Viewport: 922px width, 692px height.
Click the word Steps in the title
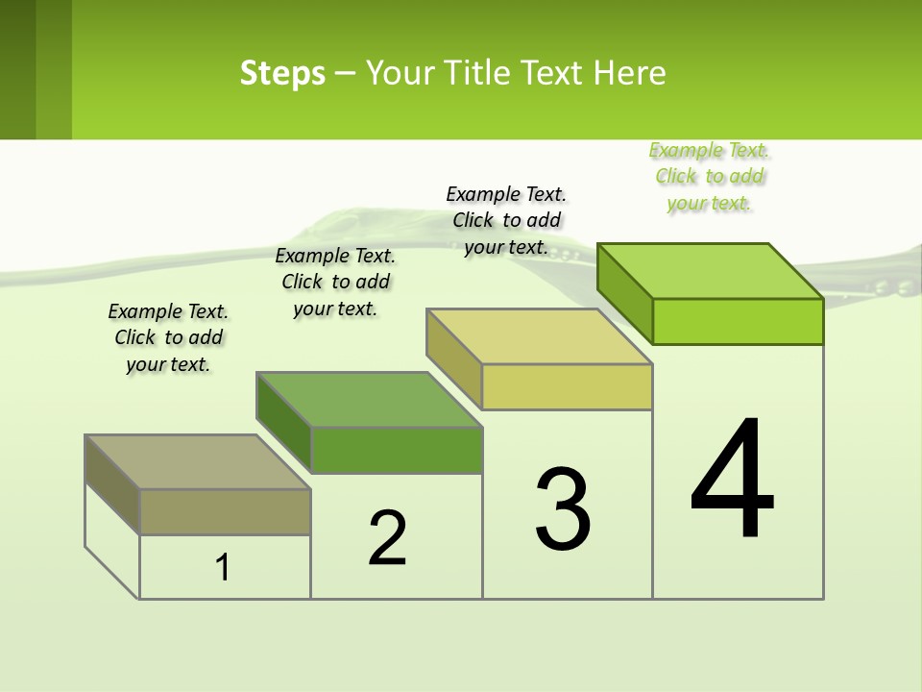coord(282,73)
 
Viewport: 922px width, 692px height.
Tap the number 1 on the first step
coord(223,568)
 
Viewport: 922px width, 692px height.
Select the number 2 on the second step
coord(387,538)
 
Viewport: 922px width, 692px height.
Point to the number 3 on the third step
coord(563,509)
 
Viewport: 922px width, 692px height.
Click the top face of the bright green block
coord(711,270)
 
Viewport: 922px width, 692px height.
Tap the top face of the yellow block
coord(540,336)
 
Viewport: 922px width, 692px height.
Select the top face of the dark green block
coord(369,399)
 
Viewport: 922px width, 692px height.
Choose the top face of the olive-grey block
coord(198,462)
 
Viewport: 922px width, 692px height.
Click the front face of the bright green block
coord(738,321)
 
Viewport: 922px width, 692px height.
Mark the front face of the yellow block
coord(567,386)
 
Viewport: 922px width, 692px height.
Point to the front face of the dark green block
coord(397,450)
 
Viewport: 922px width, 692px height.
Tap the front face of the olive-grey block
coord(225,511)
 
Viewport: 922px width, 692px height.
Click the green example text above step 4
coord(710,176)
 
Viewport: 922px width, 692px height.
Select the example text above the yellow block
coord(506,220)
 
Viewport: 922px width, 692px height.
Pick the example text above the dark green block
coord(335,282)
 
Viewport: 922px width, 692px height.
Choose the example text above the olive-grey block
coord(168,337)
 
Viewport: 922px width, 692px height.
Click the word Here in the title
coord(630,73)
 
